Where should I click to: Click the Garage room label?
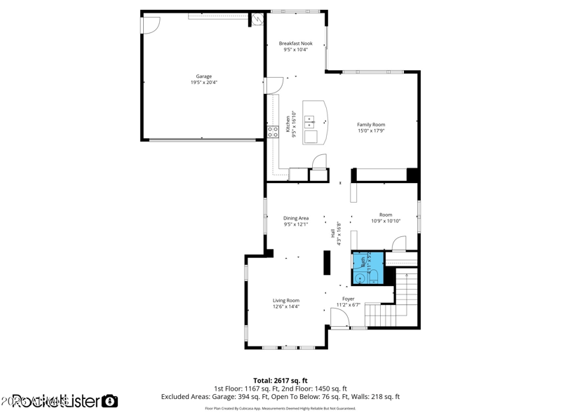(x=203, y=76)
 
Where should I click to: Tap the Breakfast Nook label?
(x=295, y=43)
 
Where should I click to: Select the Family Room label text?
(x=371, y=125)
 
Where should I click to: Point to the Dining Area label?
(x=295, y=218)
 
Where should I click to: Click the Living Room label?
(x=286, y=300)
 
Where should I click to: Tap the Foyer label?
(x=348, y=298)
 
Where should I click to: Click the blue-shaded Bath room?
(x=367, y=266)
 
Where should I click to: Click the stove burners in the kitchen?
(x=273, y=130)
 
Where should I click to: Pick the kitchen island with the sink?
(x=315, y=122)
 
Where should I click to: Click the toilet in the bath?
(x=361, y=278)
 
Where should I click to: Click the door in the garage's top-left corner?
(x=149, y=25)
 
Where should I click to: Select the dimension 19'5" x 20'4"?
(x=203, y=83)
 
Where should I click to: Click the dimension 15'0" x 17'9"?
(x=371, y=131)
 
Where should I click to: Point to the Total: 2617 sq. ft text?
(x=280, y=380)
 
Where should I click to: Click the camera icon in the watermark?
(x=110, y=401)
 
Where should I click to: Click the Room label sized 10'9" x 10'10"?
(x=386, y=215)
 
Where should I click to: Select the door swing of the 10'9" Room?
(x=398, y=244)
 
